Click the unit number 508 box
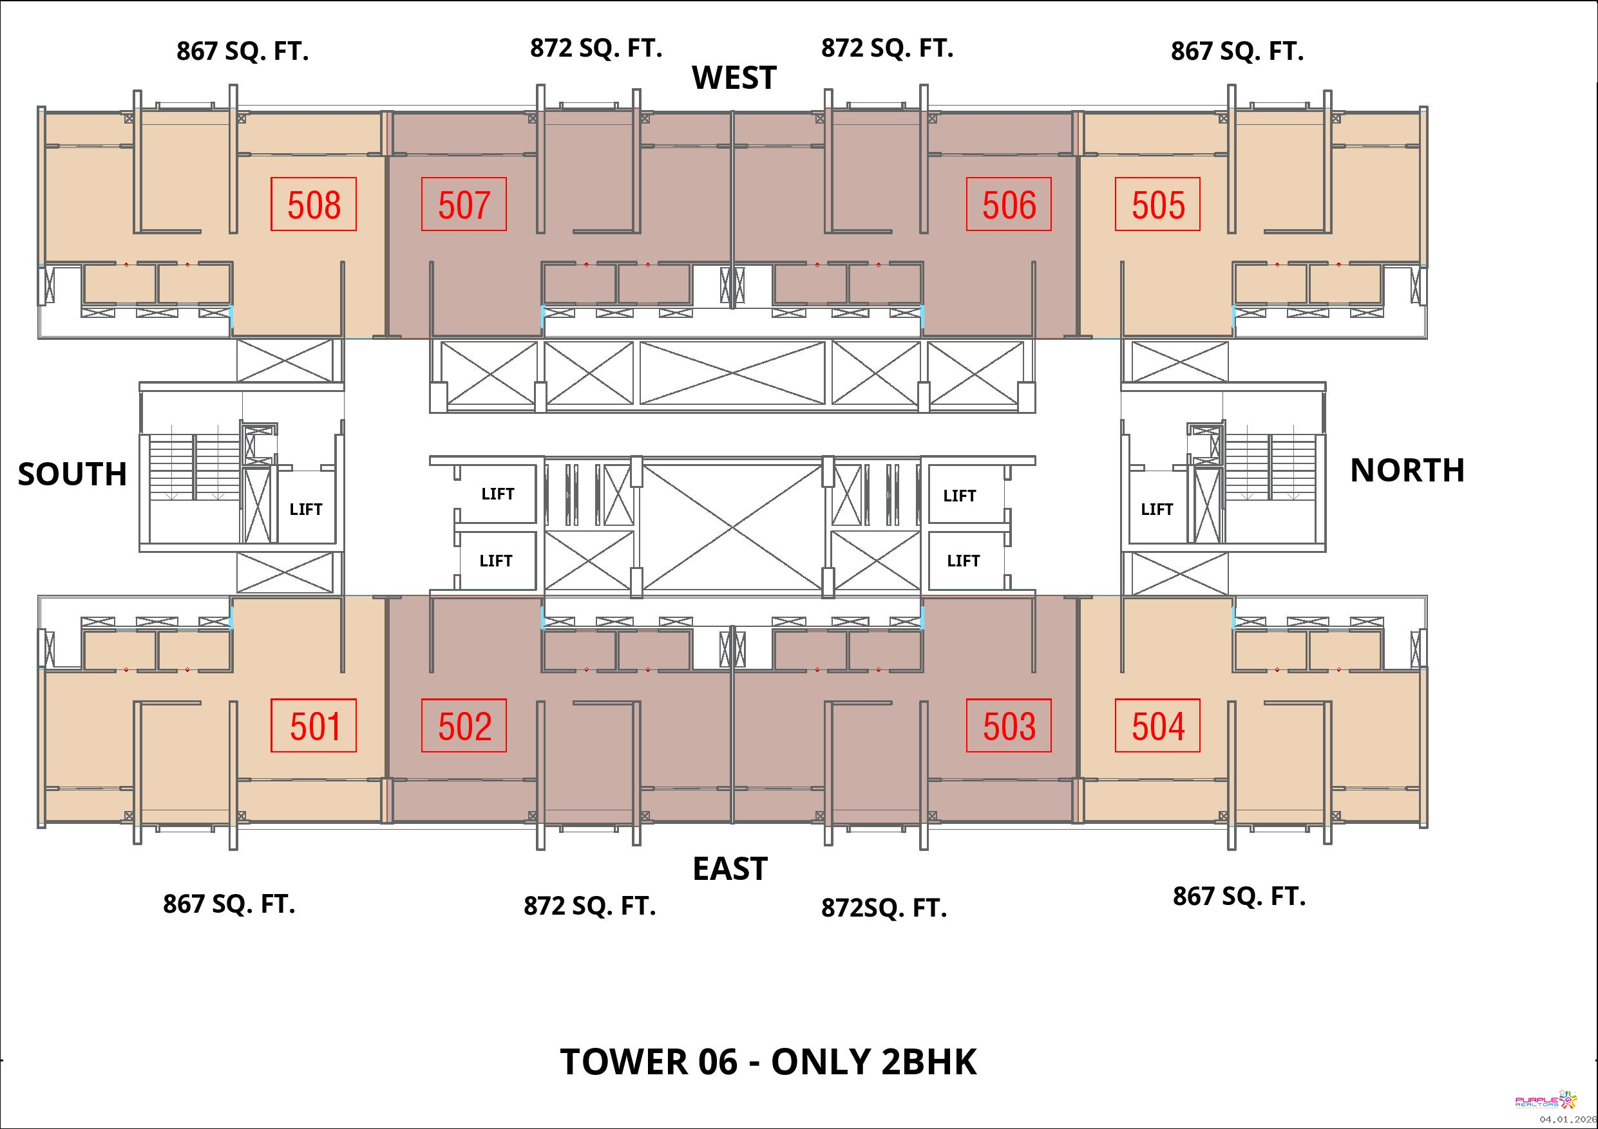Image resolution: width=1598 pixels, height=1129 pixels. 313,204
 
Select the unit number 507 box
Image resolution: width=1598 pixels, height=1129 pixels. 464,204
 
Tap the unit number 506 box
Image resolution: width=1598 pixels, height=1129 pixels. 1009,204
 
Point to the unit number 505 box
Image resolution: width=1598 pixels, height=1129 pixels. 1157,204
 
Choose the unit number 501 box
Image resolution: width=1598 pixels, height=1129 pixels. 313,725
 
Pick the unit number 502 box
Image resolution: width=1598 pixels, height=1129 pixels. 464,725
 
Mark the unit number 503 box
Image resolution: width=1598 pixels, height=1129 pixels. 1009,725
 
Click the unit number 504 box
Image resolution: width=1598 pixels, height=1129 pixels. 1157,725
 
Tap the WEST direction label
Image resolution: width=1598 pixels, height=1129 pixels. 734,78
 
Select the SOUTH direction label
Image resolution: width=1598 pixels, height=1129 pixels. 72,474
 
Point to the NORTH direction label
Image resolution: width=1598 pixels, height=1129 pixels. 1407,471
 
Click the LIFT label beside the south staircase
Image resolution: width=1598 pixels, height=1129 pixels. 305,509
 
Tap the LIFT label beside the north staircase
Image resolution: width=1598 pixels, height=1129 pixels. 1157,509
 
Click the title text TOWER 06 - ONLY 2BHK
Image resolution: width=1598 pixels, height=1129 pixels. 768,1061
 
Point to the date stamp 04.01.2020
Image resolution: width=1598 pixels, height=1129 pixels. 1568,1119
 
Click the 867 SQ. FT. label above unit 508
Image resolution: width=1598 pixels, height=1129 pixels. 242,51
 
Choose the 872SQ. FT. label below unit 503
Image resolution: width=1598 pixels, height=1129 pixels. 884,908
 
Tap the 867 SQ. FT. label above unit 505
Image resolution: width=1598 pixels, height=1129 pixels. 1237,51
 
